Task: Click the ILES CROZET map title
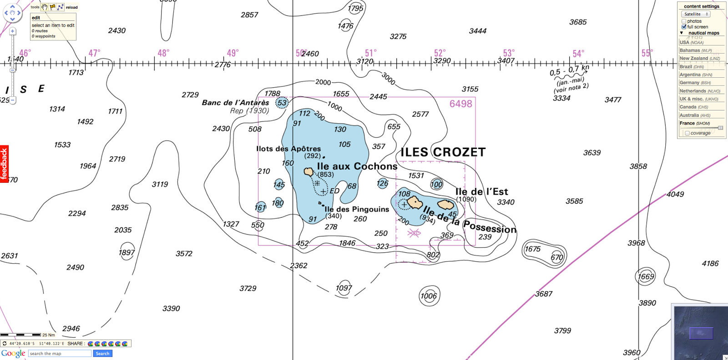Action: (x=443, y=152)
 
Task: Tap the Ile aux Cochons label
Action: (x=357, y=166)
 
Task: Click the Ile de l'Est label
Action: (x=481, y=192)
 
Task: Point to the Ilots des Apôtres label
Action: (x=288, y=149)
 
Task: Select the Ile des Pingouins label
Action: (x=357, y=209)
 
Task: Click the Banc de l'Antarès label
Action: (x=236, y=103)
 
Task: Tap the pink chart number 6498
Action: (x=461, y=104)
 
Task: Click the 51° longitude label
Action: (x=371, y=53)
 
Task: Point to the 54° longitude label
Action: (x=578, y=54)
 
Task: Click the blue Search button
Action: (x=102, y=354)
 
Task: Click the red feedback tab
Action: (x=4, y=164)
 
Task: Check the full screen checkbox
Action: (x=684, y=27)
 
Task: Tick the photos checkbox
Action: (x=684, y=21)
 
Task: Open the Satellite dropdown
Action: (x=696, y=14)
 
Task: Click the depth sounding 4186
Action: (x=710, y=264)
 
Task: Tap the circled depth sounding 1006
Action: (x=429, y=296)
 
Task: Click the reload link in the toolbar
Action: (x=72, y=7)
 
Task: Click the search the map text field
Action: (x=60, y=354)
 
